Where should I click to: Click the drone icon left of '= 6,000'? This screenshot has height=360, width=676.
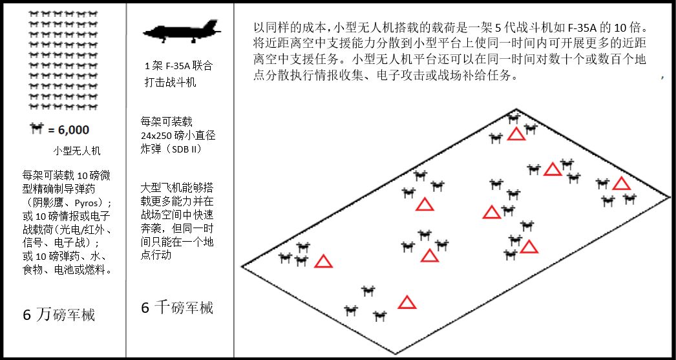click(36, 129)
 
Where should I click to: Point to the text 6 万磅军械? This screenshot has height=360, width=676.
click(59, 315)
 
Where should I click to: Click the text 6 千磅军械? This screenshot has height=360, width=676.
click(177, 308)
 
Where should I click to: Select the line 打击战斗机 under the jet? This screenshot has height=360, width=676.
click(170, 83)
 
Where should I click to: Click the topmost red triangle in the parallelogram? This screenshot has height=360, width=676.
click(516, 134)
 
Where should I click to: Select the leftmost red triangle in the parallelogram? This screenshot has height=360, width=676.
click(323, 262)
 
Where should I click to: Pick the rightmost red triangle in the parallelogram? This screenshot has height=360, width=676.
click(621, 184)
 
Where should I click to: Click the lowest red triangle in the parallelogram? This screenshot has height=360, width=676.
click(407, 302)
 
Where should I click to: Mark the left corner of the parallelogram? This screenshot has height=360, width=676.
click(242, 266)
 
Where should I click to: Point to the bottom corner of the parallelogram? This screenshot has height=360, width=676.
click(396, 354)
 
